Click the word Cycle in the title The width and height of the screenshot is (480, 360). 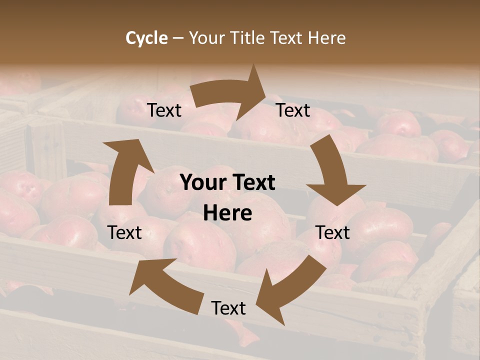pyautogui.click(x=146, y=38)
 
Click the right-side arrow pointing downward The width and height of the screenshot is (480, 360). pyautogui.click(x=332, y=172)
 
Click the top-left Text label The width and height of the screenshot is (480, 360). pyautogui.click(x=164, y=110)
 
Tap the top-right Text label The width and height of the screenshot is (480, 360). pyautogui.click(x=293, y=110)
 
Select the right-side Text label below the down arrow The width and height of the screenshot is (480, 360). pyautogui.click(x=332, y=232)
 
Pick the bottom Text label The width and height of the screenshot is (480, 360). pyautogui.click(x=228, y=308)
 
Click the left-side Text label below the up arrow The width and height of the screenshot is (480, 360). pyautogui.click(x=124, y=232)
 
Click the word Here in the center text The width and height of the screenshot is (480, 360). pyautogui.click(x=227, y=213)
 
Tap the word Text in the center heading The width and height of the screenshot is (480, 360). pyautogui.click(x=254, y=183)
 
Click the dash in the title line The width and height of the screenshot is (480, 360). pyautogui.click(x=178, y=38)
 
